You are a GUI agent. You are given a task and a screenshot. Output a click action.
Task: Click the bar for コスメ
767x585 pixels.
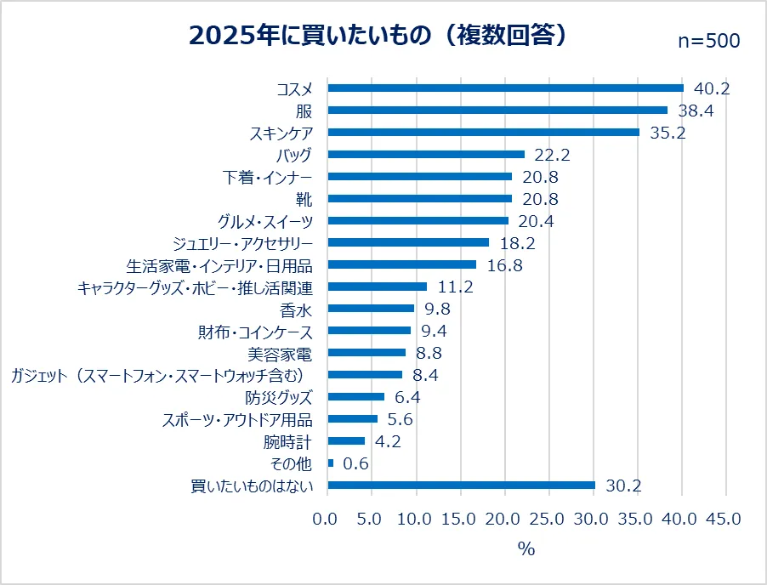[505, 88]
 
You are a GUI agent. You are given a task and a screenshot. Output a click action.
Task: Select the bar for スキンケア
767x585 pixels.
[483, 132]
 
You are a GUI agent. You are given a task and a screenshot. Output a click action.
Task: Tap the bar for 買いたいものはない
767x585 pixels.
[461, 486]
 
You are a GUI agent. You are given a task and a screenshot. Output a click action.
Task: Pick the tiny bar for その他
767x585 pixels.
[331, 463]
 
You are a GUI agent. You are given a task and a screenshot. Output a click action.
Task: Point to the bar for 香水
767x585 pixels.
[371, 309]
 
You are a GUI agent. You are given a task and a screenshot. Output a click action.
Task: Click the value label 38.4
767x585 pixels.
[695, 110]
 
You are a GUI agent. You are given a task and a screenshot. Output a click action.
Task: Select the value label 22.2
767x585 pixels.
[552, 154]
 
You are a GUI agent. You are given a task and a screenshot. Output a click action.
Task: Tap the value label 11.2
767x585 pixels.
[454, 287]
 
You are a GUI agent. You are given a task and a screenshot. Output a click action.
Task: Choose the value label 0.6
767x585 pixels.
[355, 463]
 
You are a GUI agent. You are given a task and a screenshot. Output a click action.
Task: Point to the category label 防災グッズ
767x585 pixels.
[278, 397]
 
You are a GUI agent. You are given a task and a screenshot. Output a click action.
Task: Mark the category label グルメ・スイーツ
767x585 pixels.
[265, 220]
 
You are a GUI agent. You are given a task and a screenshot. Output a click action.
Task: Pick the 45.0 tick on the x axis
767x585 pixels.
[725, 519]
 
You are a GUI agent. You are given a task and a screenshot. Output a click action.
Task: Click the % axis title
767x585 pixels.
[526, 549]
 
